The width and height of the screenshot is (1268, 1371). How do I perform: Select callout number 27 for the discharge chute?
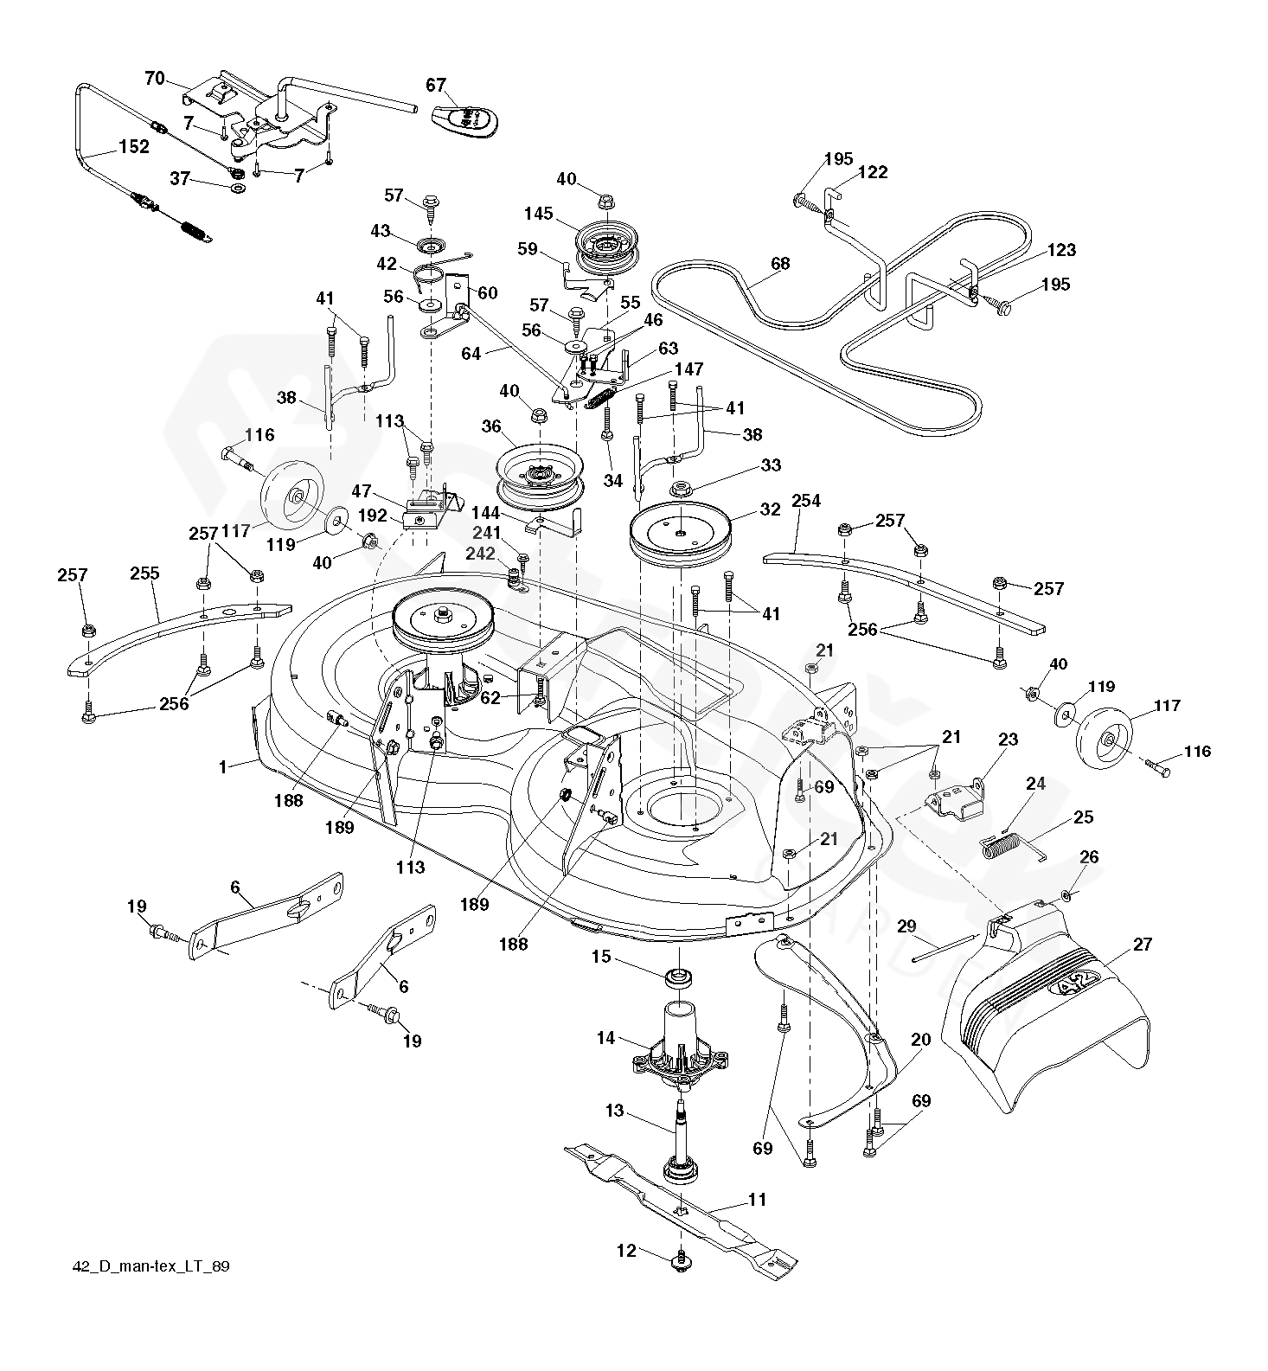pyautogui.click(x=1142, y=945)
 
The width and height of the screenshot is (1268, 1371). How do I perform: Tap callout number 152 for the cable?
pyautogui.click(x=133, y=147)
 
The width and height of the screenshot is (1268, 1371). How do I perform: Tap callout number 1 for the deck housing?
pyautogui.click(x=222, y=766)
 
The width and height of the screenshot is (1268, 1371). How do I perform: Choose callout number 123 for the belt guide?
pyautogui.click(x=1060, y=251)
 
